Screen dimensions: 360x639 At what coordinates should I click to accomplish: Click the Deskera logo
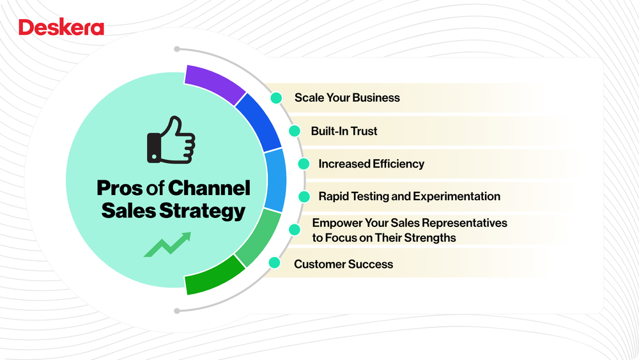coord(61,27)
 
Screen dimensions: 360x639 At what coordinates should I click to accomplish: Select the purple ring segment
coord(213,82)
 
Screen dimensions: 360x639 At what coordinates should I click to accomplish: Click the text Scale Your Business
coord(347,98)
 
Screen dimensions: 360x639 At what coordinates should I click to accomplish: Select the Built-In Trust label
coord(344,131)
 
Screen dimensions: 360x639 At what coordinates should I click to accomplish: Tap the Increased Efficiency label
coord(371,164)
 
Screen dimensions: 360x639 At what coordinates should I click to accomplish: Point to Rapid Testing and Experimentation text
coord(409,196)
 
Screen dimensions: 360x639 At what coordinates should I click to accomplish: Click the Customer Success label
coord(343,264)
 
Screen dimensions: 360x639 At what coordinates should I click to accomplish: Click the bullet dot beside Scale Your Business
coord(277,98)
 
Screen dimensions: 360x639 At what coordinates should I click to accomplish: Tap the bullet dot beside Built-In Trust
coord(295,131)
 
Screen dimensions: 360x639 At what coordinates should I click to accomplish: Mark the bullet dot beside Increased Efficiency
coord(304,164)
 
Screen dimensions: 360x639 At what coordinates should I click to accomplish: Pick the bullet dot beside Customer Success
coord(275,263)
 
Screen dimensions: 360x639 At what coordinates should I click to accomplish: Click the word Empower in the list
coord(334,223)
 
